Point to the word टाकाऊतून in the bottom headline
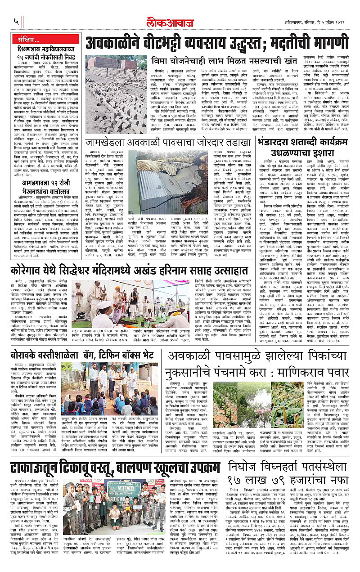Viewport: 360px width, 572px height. pos(43,468)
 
